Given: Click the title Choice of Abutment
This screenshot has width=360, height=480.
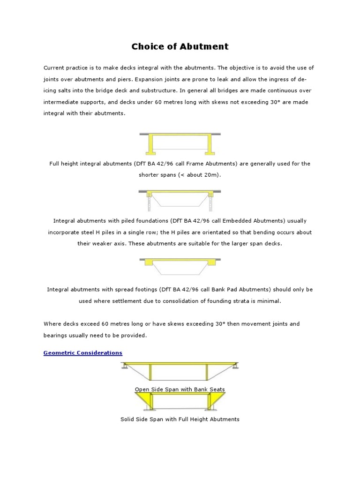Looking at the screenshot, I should point(180,46).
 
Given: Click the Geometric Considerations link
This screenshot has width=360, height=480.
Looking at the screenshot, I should point(83,352).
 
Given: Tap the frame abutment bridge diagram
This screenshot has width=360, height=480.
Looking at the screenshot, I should point(180,144).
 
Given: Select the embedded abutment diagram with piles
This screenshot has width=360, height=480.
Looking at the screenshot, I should point(180,199).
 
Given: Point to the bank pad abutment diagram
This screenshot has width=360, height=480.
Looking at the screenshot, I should point(180,266).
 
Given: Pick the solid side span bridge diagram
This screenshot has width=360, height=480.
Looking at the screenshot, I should point(180,401).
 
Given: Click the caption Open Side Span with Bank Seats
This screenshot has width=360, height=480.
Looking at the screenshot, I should point(180,389).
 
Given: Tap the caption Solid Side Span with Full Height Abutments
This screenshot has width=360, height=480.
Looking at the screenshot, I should point(180,419).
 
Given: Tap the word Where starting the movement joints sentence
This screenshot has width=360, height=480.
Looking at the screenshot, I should point(52,324).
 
